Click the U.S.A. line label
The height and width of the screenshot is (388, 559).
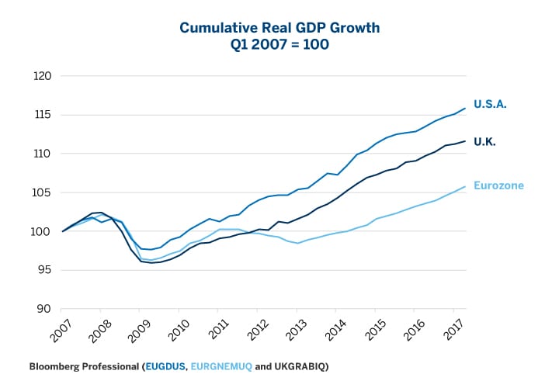490,104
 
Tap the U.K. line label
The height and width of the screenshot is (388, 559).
485,142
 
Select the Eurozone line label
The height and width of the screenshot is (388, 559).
498,185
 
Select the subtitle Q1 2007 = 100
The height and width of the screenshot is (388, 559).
279,45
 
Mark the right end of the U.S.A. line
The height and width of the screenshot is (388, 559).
465,108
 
